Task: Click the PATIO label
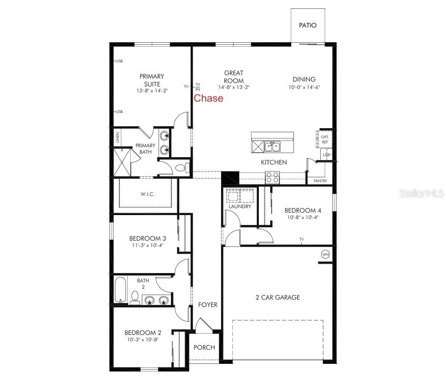[x=307, y=26]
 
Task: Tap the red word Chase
[x=208, y=98]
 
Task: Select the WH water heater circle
[x=325, y=254]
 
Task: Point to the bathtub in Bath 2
[x=120, y=290]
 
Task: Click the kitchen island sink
[x=271, y=146]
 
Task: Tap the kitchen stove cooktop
[x=272, y=177]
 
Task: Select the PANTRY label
[x=320, y=181]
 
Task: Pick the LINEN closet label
[x=118, y=138]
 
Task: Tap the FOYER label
[x=207, y=305]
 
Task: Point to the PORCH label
[x=204, y=348]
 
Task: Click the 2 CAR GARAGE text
[x=278, y=297]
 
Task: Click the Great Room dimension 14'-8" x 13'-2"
[x=234, y=87]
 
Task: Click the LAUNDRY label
[x=240, y=207]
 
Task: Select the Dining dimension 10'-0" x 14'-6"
[x=304, y=87]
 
